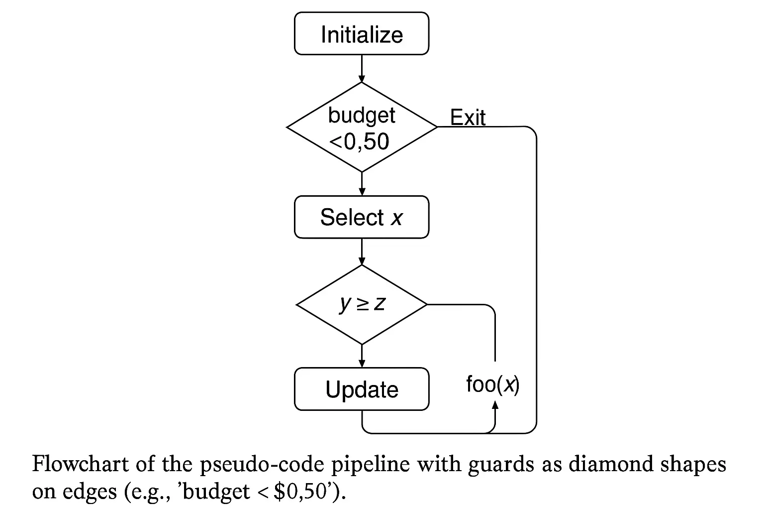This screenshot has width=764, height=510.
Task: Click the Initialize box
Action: coord(361,34)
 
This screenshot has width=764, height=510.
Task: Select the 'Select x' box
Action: coord(361,217)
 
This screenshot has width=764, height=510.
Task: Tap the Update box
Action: coord(361,389)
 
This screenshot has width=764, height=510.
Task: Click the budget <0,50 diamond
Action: coord(362,127)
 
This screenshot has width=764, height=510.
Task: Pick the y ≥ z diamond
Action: coord(362,304)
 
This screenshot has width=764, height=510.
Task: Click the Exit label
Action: coord(468,118)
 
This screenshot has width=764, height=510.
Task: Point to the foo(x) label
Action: coord(492,384)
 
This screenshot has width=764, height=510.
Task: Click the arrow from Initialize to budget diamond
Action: coord(362,69)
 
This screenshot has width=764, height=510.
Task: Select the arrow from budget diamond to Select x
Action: coord(362,184)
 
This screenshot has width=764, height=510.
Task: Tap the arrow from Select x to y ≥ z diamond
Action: coord(362,252)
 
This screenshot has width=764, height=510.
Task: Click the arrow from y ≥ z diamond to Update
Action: coord(362,356)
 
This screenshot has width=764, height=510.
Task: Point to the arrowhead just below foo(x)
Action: coord(495,405)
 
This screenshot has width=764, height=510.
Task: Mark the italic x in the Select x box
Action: coord(396,218)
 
